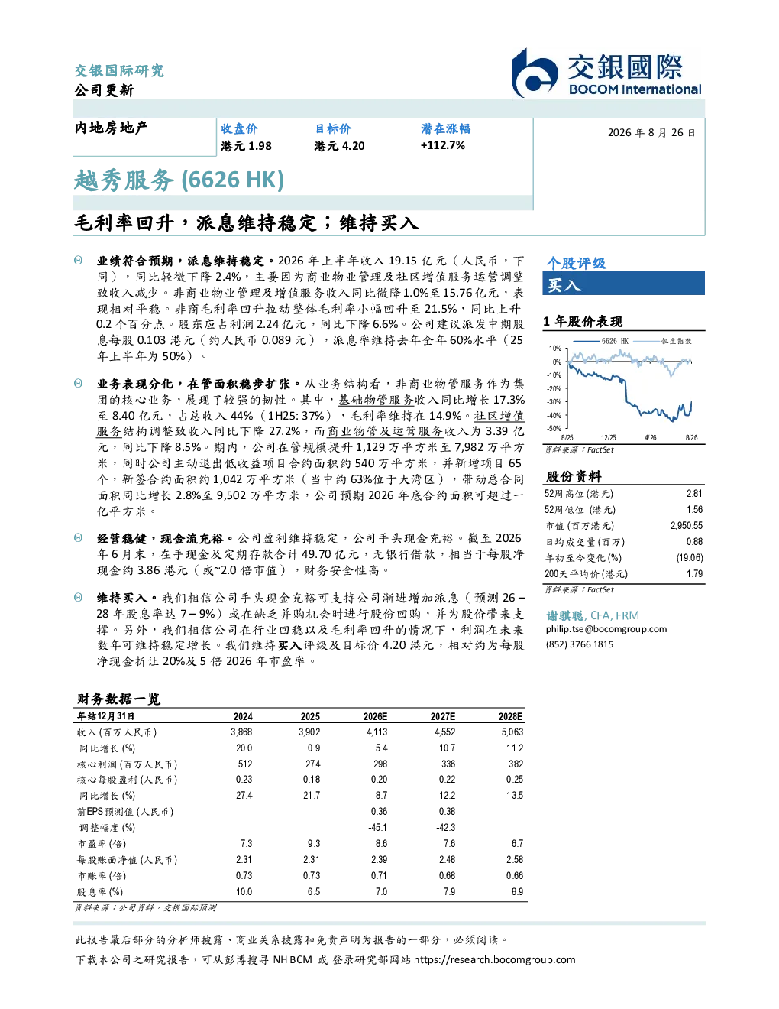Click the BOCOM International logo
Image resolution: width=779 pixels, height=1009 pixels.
point(607,73)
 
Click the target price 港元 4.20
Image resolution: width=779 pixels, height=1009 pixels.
point(339,146)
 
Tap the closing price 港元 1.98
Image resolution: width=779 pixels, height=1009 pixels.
point(246,146)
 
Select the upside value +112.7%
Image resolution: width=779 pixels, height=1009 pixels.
point(443,145)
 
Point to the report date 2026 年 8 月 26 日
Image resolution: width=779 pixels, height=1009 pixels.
point(651,133)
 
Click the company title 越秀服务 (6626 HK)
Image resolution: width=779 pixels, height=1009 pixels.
point(179,180)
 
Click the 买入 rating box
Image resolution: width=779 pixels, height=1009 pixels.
point(623,284)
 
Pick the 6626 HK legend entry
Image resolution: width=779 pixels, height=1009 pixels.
point(601,341)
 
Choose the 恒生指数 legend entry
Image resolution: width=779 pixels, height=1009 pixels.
point(663,341)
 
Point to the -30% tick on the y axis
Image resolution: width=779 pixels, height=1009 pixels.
point(554,402)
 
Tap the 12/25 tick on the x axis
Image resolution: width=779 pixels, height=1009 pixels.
point(608,438)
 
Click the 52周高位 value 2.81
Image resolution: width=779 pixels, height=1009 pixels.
point(694,494)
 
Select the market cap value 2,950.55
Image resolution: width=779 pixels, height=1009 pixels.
point(686,526)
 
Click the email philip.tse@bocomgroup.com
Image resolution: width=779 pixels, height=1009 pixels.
point(606,629)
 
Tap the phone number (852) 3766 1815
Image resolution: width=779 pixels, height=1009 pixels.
point(580,644)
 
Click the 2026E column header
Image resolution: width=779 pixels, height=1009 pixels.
point(375,716)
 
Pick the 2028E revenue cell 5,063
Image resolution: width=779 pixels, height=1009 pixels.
point(512,732)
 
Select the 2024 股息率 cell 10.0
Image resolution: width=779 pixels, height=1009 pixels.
point(244,892)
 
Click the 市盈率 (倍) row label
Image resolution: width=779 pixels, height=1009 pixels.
point(102,844)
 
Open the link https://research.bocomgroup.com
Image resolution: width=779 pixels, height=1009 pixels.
point(495,960)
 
